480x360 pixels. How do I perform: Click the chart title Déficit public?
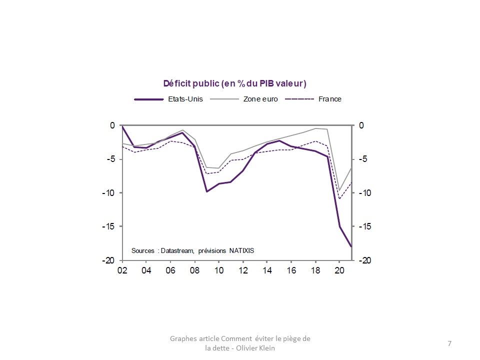coord(234,83)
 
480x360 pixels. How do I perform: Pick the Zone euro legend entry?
coord(260,99)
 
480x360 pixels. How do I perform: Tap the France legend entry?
coord(329,99)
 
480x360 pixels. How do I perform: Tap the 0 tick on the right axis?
coord(362,125)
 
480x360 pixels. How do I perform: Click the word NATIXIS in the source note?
coord(245,250)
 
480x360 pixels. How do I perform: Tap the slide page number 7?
coord(449,343)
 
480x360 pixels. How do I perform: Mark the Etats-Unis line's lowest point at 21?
coord(351,246)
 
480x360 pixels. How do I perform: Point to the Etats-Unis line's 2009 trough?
coord(206,191)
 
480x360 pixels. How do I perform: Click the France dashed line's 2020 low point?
coord(339,199)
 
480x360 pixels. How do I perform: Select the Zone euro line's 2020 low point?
coord(339,190)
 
